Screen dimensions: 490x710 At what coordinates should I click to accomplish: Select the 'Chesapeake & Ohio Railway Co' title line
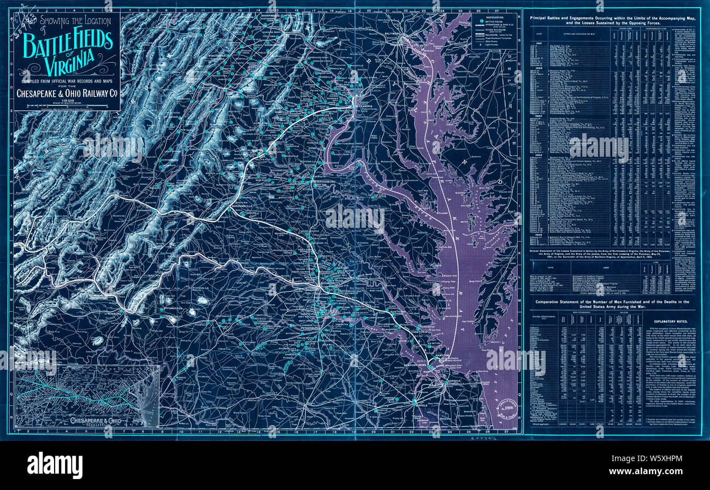[67, 93]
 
